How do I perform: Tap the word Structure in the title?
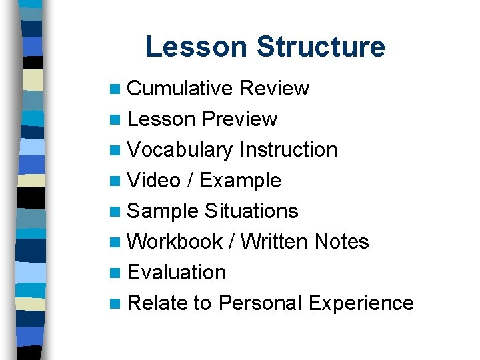[321, 47]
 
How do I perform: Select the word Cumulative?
[179, 89]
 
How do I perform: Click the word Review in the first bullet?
[274, 89]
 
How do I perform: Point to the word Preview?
[239, 119]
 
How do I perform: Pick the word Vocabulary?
[179, 150]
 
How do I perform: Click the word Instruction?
[288, 150]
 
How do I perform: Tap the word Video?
[153, 181]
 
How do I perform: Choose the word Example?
[241, 181]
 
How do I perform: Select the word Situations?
[251, 211]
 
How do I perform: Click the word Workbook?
[175, 242]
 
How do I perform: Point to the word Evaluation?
[177, 273]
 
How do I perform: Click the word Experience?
[361, 303]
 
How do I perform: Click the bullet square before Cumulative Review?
[117, 89]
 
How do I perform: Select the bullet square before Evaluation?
[117, 273]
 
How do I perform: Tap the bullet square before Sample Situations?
[117, 212]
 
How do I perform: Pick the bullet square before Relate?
[117, 304]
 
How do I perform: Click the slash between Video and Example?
[190, 181]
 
